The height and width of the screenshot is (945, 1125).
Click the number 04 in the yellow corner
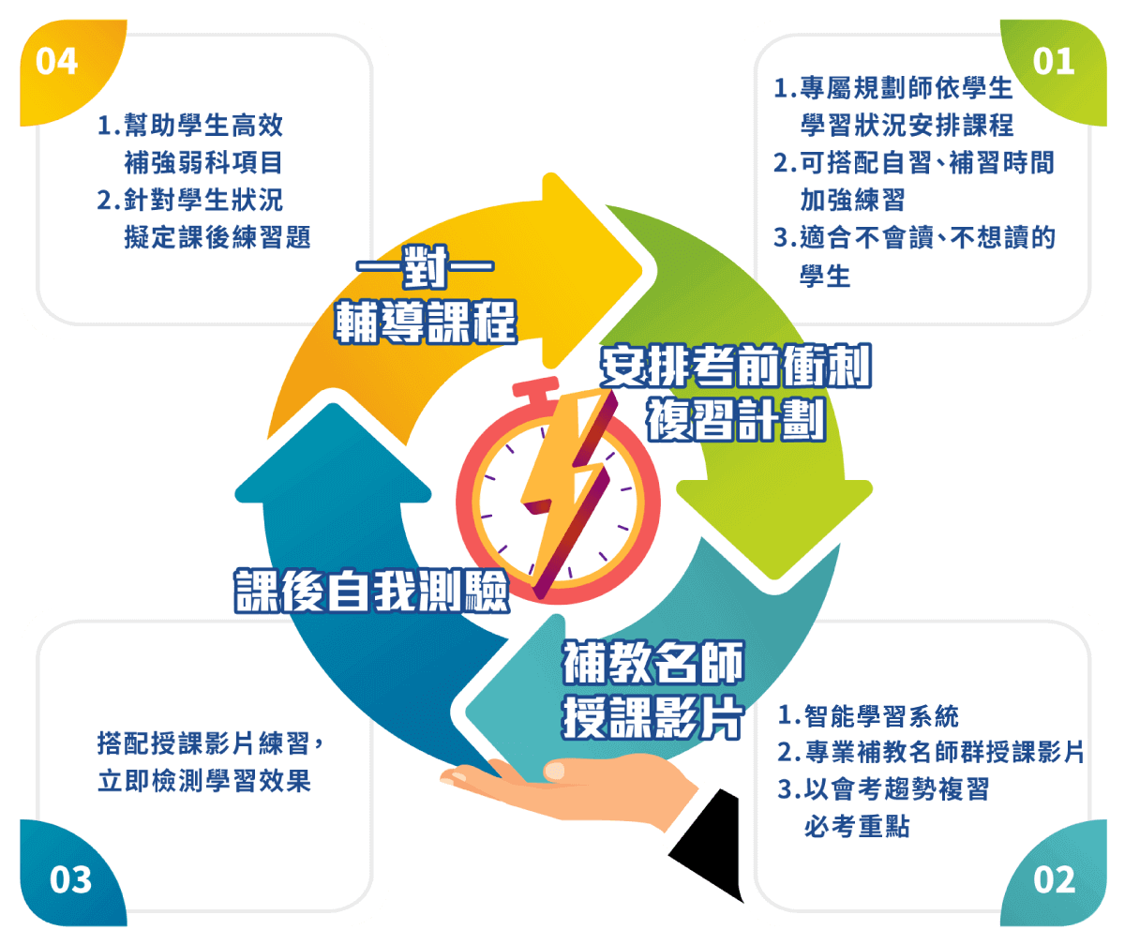point(56,62)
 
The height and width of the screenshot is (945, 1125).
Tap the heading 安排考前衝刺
point(736,368)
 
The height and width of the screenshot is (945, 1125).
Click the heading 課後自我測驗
point(371,590)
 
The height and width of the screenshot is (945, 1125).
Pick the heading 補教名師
point(653,665)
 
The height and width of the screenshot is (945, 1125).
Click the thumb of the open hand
point(565,770)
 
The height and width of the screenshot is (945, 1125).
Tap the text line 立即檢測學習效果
point(204,781)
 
